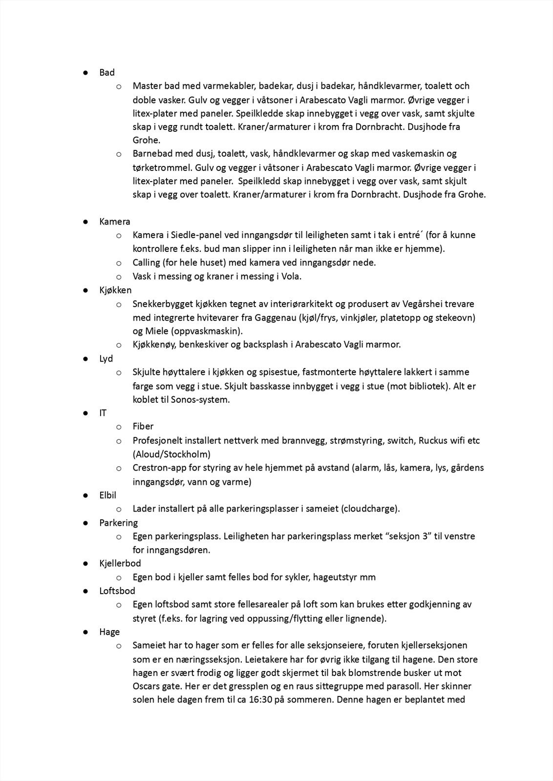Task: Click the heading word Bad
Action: tap(107, 72)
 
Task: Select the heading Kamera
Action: tap(115, 222)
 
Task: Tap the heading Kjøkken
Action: tap(116, 290)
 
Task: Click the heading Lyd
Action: tap(106, 358)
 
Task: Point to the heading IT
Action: tap(103, 413)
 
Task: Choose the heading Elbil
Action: tap(108, 495)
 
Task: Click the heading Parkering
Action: tap(119, 523)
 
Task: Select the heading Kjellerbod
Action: tap(120, 563)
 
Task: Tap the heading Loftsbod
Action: tap(117, 591)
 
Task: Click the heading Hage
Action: tap(109, 632)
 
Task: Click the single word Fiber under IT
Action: tap(143, 427)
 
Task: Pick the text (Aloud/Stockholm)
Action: tap(171, 454)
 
